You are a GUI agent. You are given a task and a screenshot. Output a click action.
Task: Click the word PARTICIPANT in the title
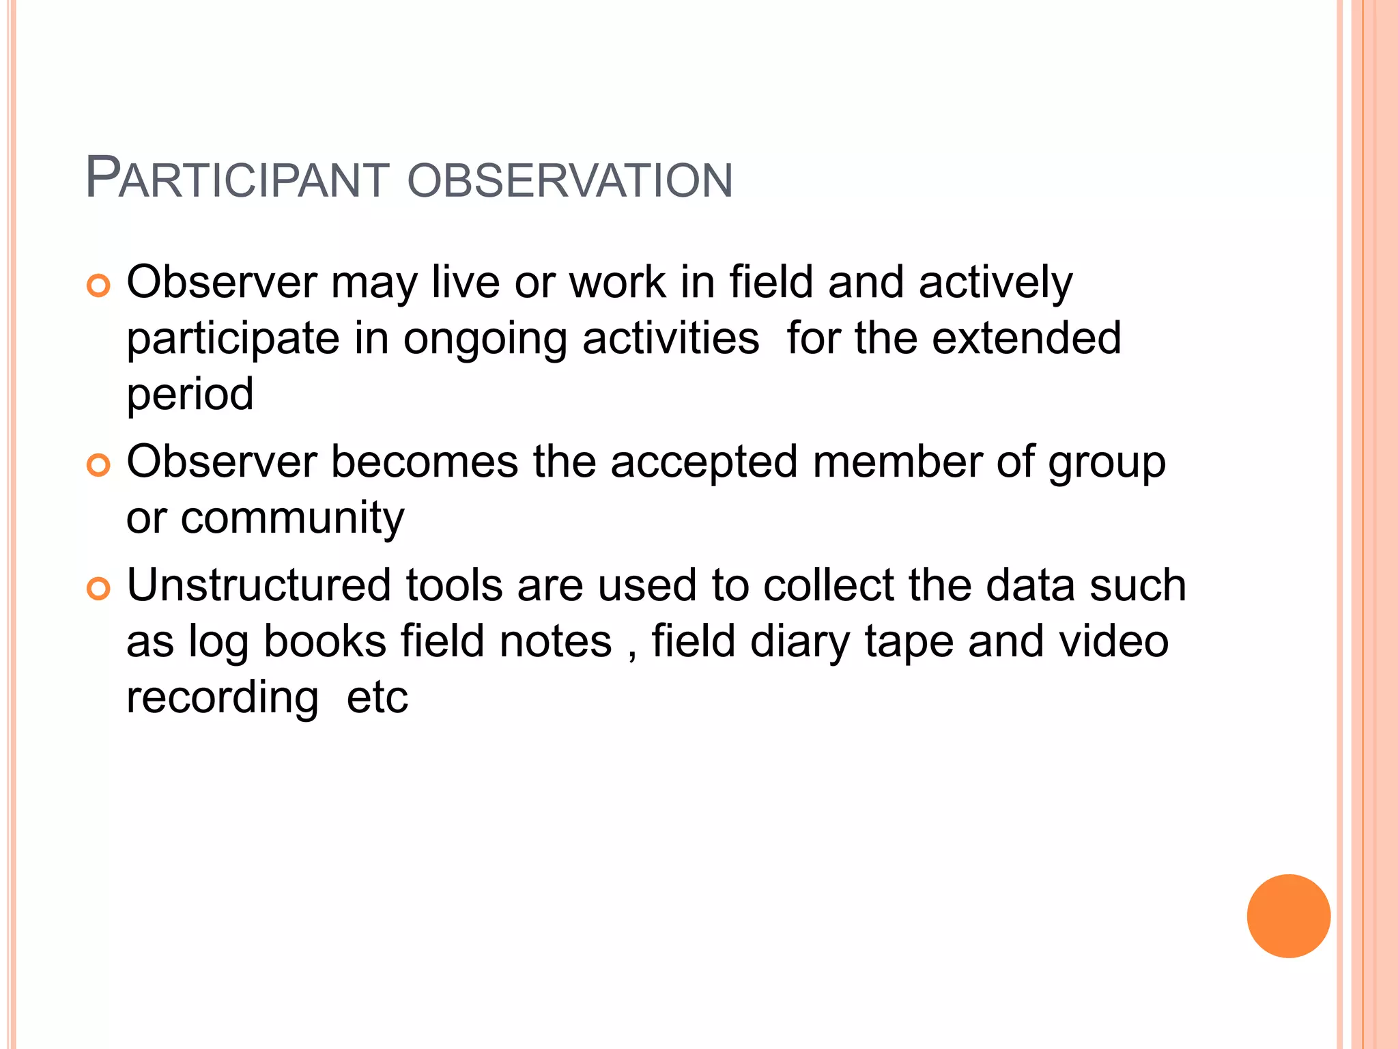click(238, 179)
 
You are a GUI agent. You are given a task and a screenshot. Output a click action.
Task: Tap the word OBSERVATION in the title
click(570, 180)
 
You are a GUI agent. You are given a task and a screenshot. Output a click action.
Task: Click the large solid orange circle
click(1288, 916)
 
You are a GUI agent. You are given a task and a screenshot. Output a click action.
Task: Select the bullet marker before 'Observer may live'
click(99, 285)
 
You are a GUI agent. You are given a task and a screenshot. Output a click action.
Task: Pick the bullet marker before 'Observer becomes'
click(99, 465)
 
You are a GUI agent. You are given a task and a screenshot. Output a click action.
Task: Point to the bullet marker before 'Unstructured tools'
click(99, 589)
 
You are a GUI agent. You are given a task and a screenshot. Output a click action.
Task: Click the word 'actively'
click(996, 283)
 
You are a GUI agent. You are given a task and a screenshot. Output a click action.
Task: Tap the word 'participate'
click(233, 339)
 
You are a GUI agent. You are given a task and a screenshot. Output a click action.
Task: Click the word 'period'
click(190, 395)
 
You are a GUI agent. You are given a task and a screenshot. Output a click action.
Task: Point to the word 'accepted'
click(704, 462)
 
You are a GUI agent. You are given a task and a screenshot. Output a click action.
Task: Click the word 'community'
click(292, 519)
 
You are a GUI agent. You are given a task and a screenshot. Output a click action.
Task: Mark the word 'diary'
click(801, 643)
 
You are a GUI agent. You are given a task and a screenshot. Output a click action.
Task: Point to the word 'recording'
click(223, 699)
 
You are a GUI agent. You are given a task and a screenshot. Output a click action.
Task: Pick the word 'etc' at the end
click(377, 697)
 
